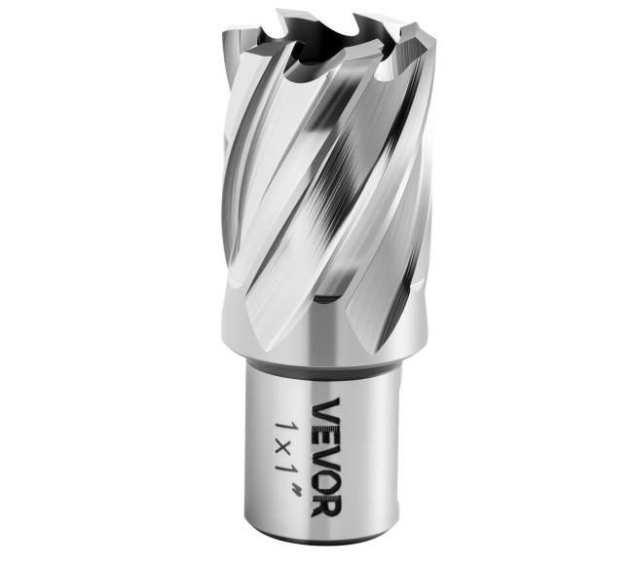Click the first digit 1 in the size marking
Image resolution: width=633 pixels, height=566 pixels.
click(x=288, y=429)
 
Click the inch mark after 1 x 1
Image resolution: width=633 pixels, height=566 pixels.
click(x=300, y=489)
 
